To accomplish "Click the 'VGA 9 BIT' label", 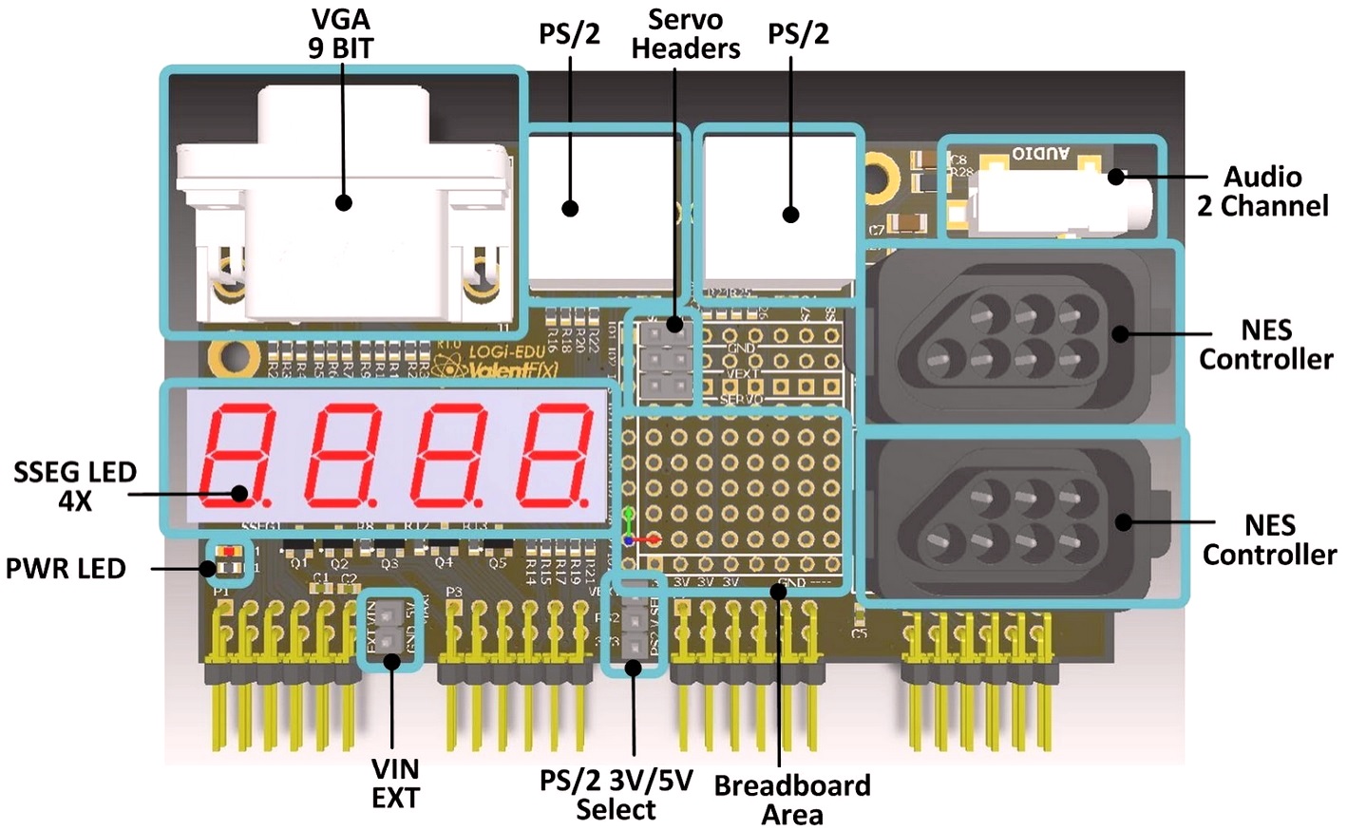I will point(340,34).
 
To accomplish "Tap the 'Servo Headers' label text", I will point(685,34).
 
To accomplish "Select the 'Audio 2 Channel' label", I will point(1262,191).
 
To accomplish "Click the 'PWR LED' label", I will point(66,569).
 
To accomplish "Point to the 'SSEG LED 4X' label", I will point(75,485).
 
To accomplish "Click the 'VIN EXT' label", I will point(395,783).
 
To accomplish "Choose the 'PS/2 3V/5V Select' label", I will point(616,795).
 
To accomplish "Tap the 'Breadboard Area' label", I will point(792,800).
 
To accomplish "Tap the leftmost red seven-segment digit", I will point(236,453).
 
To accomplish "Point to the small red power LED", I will point(227,552).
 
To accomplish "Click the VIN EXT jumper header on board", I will point(389,631).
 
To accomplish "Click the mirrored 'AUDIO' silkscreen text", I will point(1040,153).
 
